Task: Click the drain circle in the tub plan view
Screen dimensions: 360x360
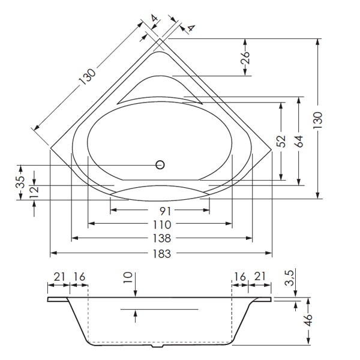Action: pyautogui.click(x=160, y=165)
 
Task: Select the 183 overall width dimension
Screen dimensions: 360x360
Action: pyautogui.click(x=161, y=253)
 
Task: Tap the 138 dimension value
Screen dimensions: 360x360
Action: pyautogui.click(x=161, y=239)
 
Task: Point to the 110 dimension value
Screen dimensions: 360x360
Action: pyautogui.click(x=161, y=224)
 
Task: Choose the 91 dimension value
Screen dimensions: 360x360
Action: pyautogui.click(x=161, y=211)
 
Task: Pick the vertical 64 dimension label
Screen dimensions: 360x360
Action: pyautogui.click(x=299, y=142)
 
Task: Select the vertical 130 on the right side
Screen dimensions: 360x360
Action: pyautogui.click(x=318, y=120)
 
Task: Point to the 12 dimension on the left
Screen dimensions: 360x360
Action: pyautogui.click(x=34, y=191)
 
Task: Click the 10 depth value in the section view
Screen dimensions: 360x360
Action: pyautogui.click(x=127, y=278)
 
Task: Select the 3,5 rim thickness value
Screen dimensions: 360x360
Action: pyautogui.click(x=288, y=279)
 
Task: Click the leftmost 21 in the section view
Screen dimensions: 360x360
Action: pyautogui.click(x=59, y=277)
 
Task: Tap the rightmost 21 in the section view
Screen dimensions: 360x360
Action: pyautogui.click(x=260, y=277)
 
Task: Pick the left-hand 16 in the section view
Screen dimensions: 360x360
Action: pyautogui.click(x=79, y=277)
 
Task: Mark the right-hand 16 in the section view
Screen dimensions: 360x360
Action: pyautogui.click(x=240, y=277)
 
